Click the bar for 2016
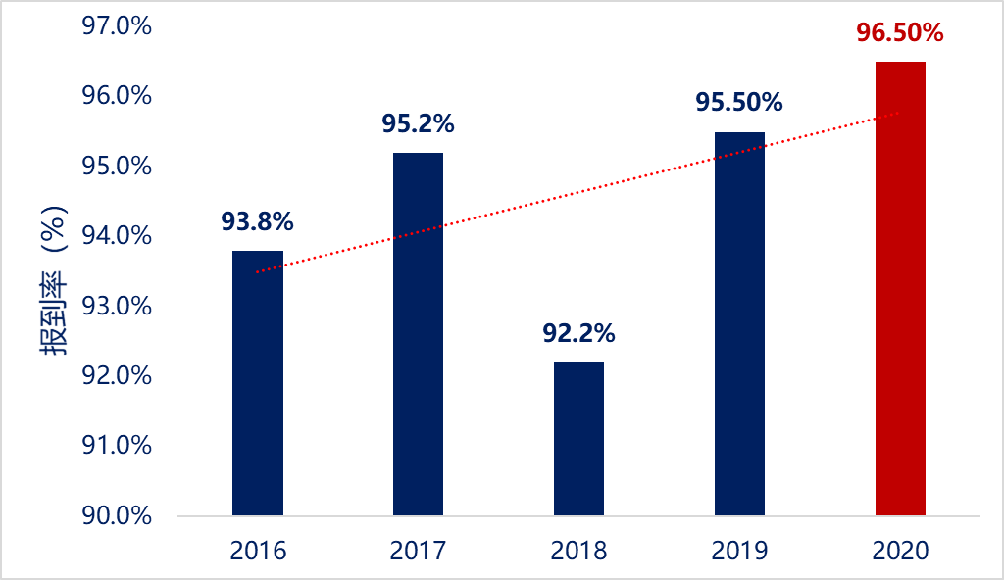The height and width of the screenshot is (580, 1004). [x=258, y=383]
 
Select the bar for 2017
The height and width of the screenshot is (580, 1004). [x=418, y=334]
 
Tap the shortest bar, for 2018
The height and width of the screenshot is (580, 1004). [x=578, y=439]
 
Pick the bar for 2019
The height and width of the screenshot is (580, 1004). [x=739, y=323]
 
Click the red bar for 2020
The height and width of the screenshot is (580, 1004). [x=900, y=288]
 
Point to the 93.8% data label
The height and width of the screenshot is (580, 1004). [x=258, y=222]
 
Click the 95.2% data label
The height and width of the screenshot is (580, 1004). [x=418, y=124]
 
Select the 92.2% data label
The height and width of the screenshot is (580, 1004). [x=578, y=334]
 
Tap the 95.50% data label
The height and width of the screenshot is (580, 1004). [x=739, y=103]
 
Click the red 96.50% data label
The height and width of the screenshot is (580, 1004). [x=900, y=33]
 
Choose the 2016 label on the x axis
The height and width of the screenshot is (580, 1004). [x=258, y=551]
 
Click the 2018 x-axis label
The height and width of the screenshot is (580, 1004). [x=578, y=551]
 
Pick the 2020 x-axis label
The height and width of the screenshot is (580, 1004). [x=900, y=551]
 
